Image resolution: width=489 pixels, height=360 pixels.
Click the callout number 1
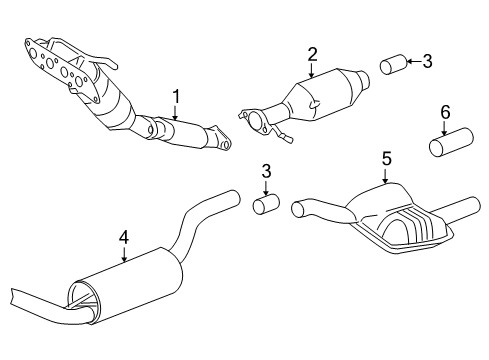pyautogui.click(x=176, y=97)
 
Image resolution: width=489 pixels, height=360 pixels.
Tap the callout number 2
pyautogui.click(x=312, y=55)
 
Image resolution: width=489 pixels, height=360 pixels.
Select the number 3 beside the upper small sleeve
pyautogui.click(x=427, y=61)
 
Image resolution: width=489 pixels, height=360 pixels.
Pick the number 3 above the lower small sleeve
pyautogui.click(x=266, y=171)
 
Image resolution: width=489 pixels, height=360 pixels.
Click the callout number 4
pyautogui.click(x=124, y=238)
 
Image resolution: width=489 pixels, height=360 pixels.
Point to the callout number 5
pyautogui.click(x=386, y=158)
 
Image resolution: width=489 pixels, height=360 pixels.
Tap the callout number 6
pyautogui.click(x=445, y=112)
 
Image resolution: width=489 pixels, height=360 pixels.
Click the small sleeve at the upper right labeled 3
pyautogui.click(x=393, y=64)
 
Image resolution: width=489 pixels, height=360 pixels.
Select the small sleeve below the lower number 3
pyautogui.click(x=266, y=204)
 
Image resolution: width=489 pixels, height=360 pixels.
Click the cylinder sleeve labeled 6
pyautogui.click(x=451, y=142)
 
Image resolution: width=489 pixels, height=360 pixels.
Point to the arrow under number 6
pyautogui.click(x=445, y=128)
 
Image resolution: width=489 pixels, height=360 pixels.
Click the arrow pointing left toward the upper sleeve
pyautogui.click(x=414, y=61)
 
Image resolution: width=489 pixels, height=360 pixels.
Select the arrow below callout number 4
pyautogui.click(x=124, y=254)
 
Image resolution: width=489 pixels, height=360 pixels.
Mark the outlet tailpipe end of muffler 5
pyautogui.click(x=473, y=204)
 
